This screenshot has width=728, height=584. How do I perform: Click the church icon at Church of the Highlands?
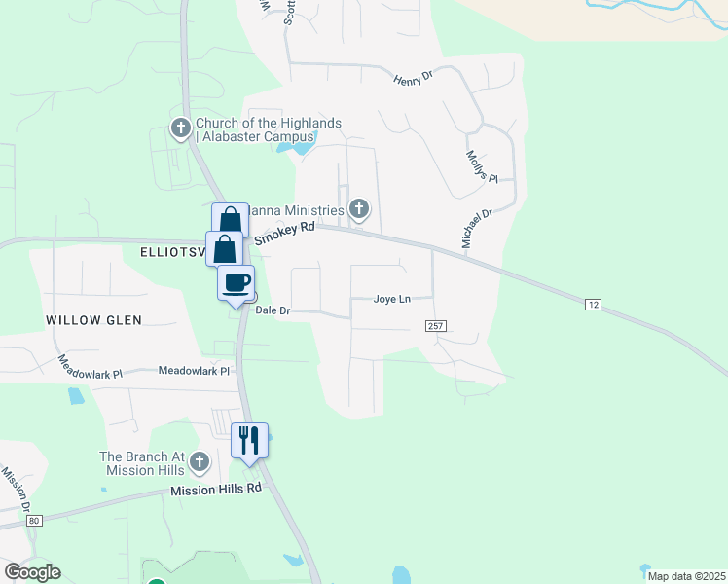coord(180,128)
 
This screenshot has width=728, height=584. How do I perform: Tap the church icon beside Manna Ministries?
coord(359,208)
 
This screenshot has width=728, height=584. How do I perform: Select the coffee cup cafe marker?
coord(236,283)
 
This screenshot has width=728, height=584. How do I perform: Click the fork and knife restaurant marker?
coord(249,440)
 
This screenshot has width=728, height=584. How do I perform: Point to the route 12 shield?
coord(593,306)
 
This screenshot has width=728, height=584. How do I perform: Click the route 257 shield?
coord(435,326)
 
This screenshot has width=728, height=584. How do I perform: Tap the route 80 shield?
coord(35,521)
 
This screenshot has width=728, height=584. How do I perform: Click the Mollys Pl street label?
coord(481,166)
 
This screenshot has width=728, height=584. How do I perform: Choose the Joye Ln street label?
coord(391,300)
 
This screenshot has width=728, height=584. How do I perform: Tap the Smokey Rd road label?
coord(285,233)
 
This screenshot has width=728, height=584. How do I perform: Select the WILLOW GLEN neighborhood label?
coord(93,320)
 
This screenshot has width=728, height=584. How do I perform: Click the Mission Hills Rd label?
coord(216,489)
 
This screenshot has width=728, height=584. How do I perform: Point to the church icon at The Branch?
coord(200,461)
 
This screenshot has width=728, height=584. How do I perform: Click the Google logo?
coord(32,572)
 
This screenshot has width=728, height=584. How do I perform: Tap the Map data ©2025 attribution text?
coord(685,576)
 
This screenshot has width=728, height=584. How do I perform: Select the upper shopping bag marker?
coord(230,218)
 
